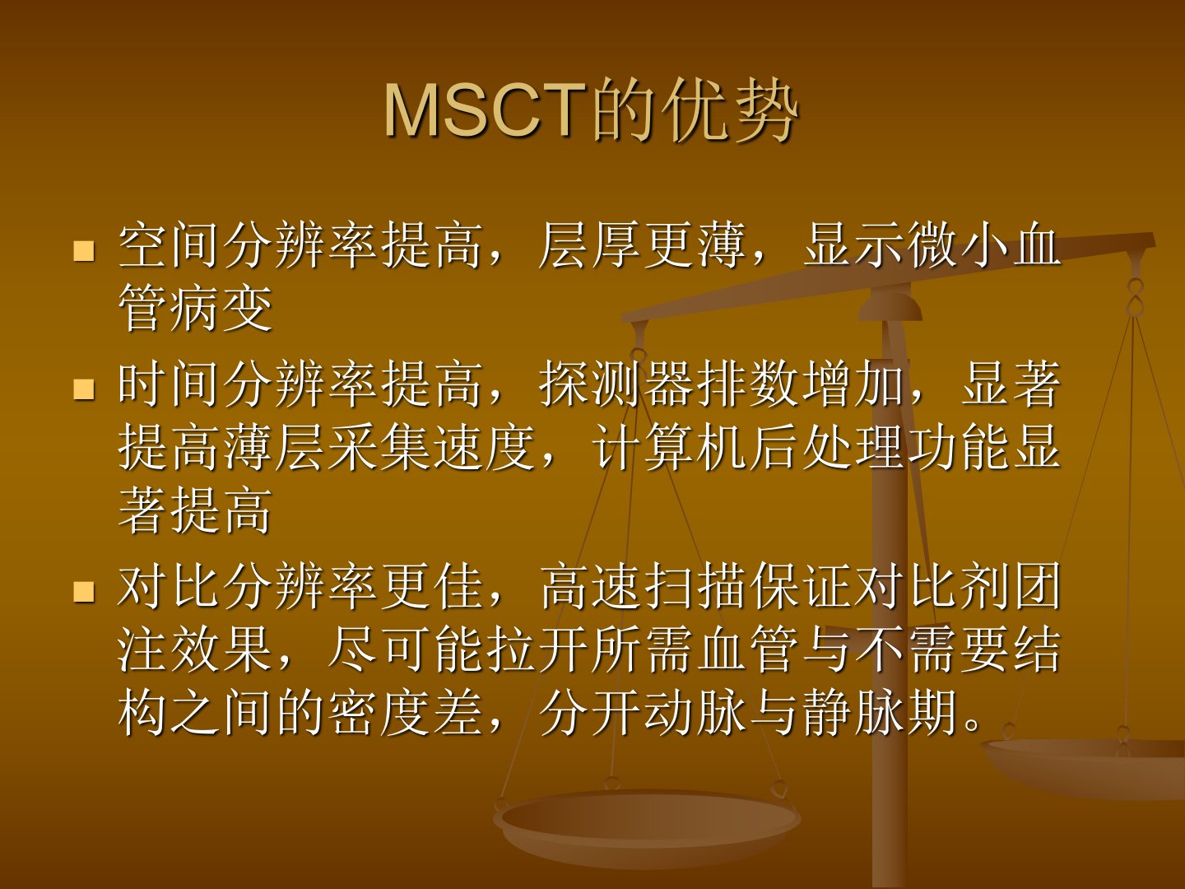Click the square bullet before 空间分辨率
coord(84,251)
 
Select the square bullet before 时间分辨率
coord(84,389)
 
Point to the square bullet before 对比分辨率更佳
coord(84,591)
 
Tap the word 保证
coord(802,585)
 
